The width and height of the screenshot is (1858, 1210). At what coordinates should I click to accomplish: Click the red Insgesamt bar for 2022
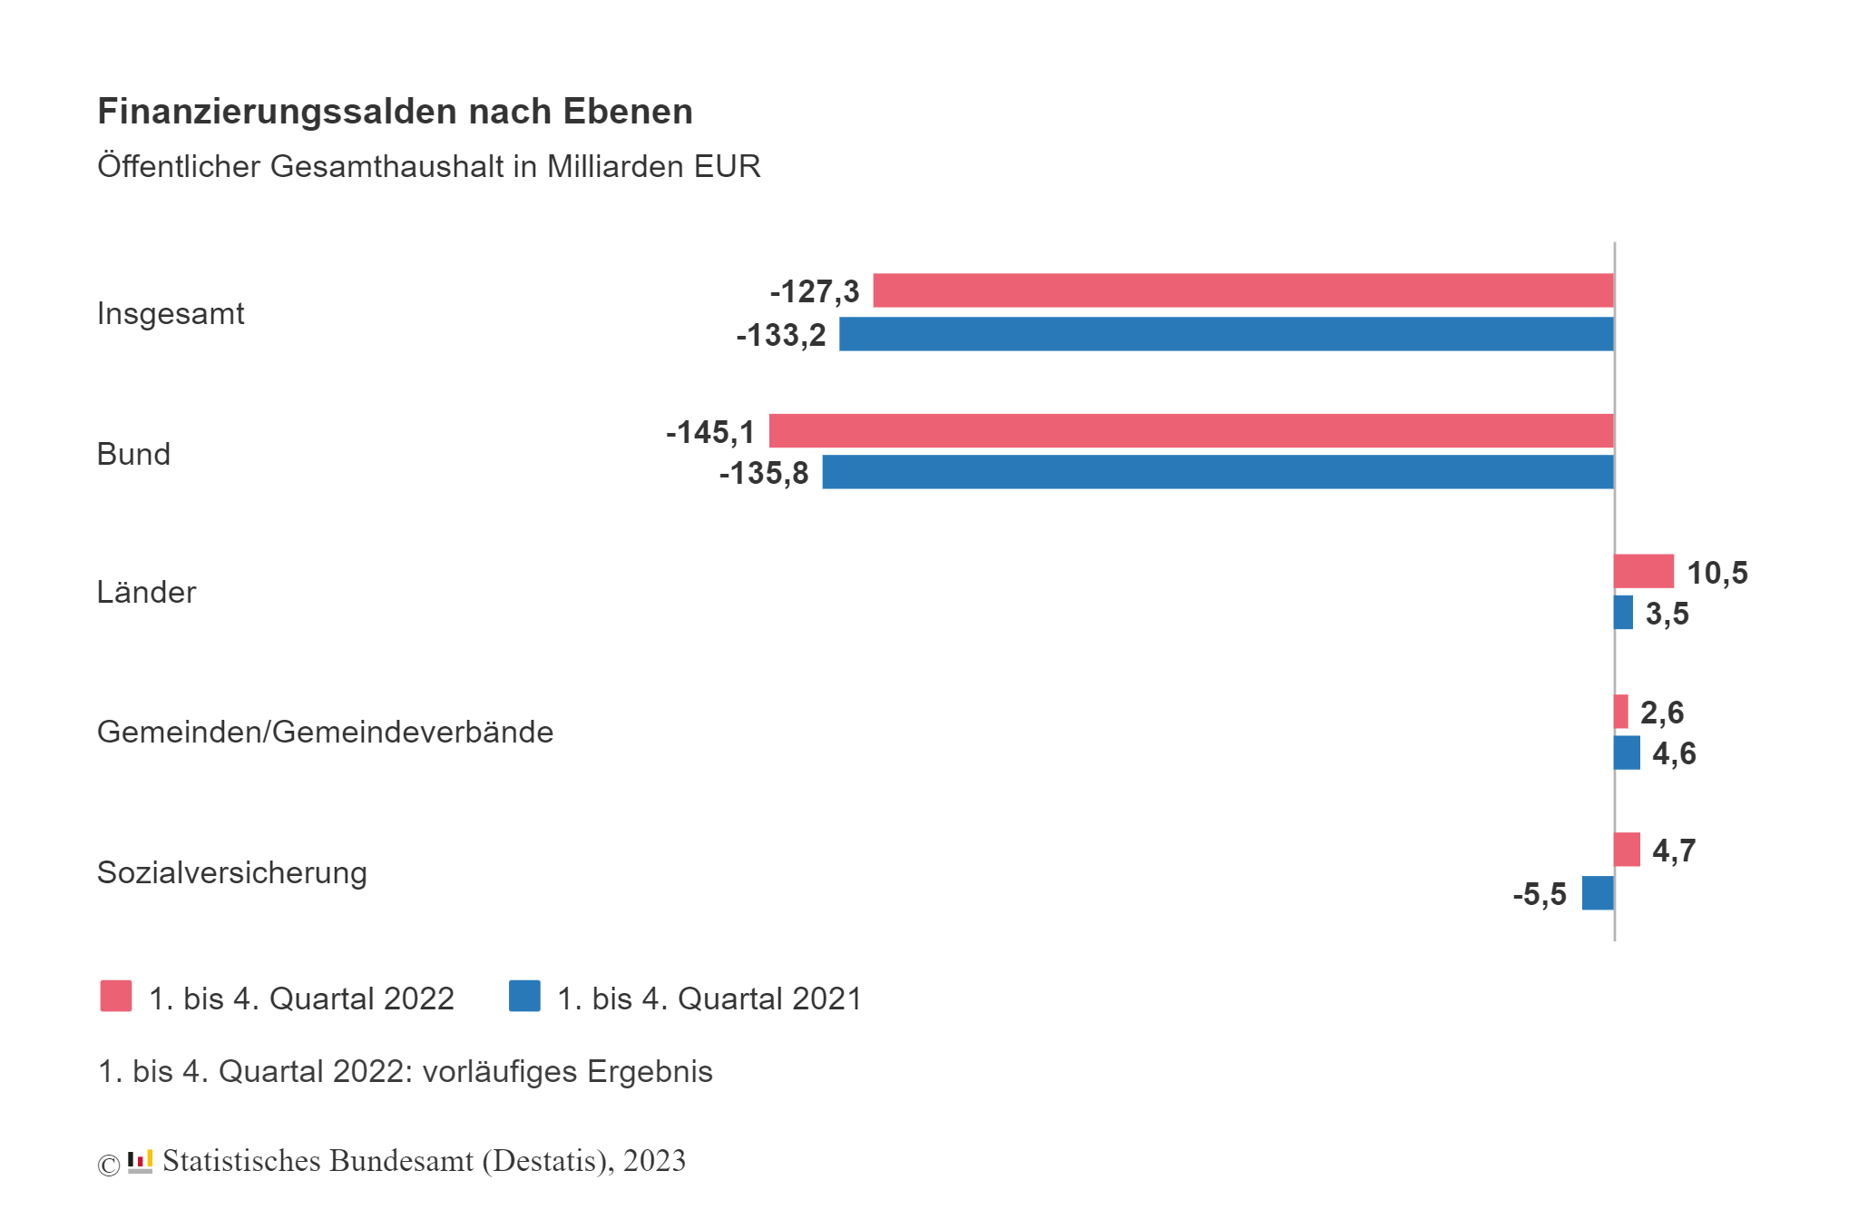pyautogui.click(x=1243, y=290)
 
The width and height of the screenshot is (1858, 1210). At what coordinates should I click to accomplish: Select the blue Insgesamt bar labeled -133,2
pyautogui.click(x=1227, y=334)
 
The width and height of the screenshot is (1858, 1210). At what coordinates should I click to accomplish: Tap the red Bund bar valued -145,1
pyautogui.click(x=1191, y=431)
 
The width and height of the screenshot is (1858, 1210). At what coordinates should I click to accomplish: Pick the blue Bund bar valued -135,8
pyautogui.click(x=1217, y=473)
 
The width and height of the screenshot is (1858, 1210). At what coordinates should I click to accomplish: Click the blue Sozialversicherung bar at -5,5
pyautogui.click(x=1598, y=893)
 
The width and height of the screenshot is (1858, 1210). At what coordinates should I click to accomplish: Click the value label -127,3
pyautogui.click(x=814, y=291)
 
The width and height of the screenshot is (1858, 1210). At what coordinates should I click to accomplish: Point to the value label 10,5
pyautogui.click(x=1716, y=573)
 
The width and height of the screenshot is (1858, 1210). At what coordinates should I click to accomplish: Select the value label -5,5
pyautogui.click(x=1540, y=894)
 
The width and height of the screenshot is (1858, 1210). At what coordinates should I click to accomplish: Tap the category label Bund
pyautogui.click(x=133, y=454)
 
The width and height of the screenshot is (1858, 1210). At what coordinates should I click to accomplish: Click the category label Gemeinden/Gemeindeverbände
pyautogui.click(x=325, y=732)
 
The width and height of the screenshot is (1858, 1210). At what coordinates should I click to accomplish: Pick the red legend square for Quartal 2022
pyautogui.click(x=116, y=996)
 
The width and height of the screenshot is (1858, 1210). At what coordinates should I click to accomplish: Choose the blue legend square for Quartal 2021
pyautogui.click(x=524, y=996)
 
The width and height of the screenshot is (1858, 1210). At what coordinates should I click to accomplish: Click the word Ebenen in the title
pyautogui.click(x=627, y=112)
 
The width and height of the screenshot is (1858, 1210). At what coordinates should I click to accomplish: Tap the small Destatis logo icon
pyautogui.click(x=140, y=1161)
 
